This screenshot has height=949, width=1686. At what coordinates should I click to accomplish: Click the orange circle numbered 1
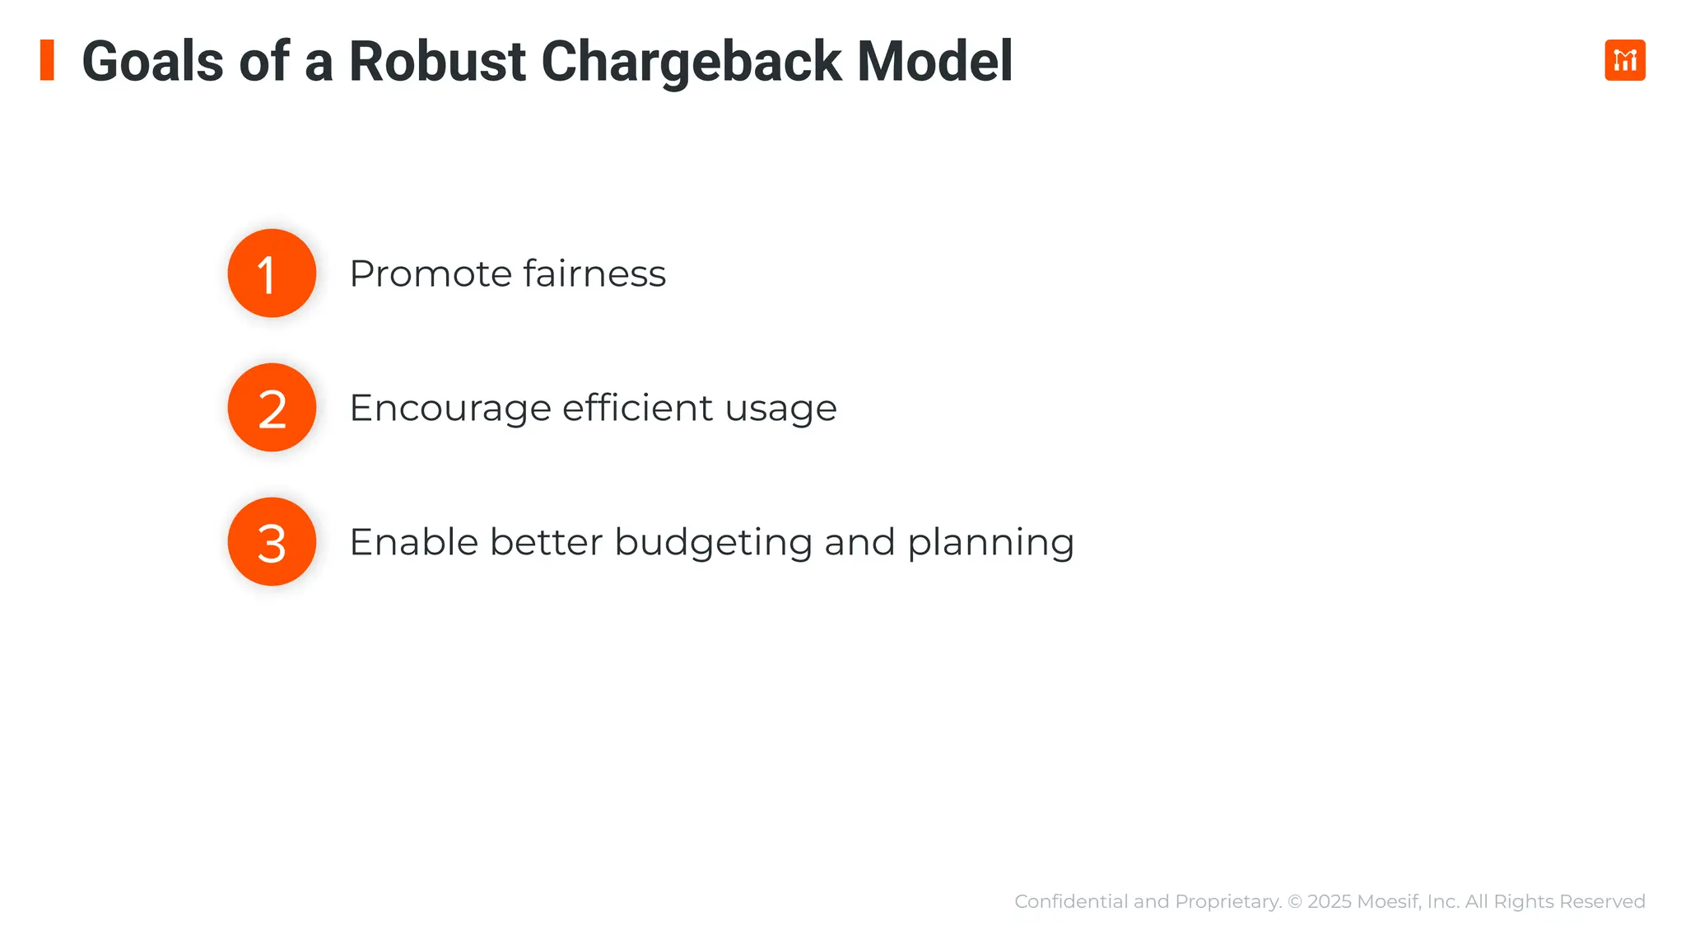(x=272, y=273)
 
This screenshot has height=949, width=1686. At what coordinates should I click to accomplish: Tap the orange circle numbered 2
(x=272, y=408)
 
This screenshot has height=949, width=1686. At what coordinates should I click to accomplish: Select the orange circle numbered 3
(x=272, y=542)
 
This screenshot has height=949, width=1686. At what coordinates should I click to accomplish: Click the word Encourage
(x=449, y=409)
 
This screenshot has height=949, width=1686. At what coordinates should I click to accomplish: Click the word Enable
(x=413, y=543)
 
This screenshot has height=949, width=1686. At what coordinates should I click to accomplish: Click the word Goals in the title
(x=153, y=62)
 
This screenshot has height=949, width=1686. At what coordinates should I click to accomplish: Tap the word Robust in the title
(x=437, y=62)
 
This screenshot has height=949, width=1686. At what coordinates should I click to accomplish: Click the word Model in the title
(x=934, y=62)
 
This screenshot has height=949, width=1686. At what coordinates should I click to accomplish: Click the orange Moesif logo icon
(x=1624, y=60)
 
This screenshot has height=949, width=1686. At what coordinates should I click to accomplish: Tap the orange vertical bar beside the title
(x=47, y=60)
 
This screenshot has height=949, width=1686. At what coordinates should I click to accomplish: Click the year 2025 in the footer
(x=1329, y=901)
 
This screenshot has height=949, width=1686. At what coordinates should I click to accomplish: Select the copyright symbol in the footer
(x=1295, y=901)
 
